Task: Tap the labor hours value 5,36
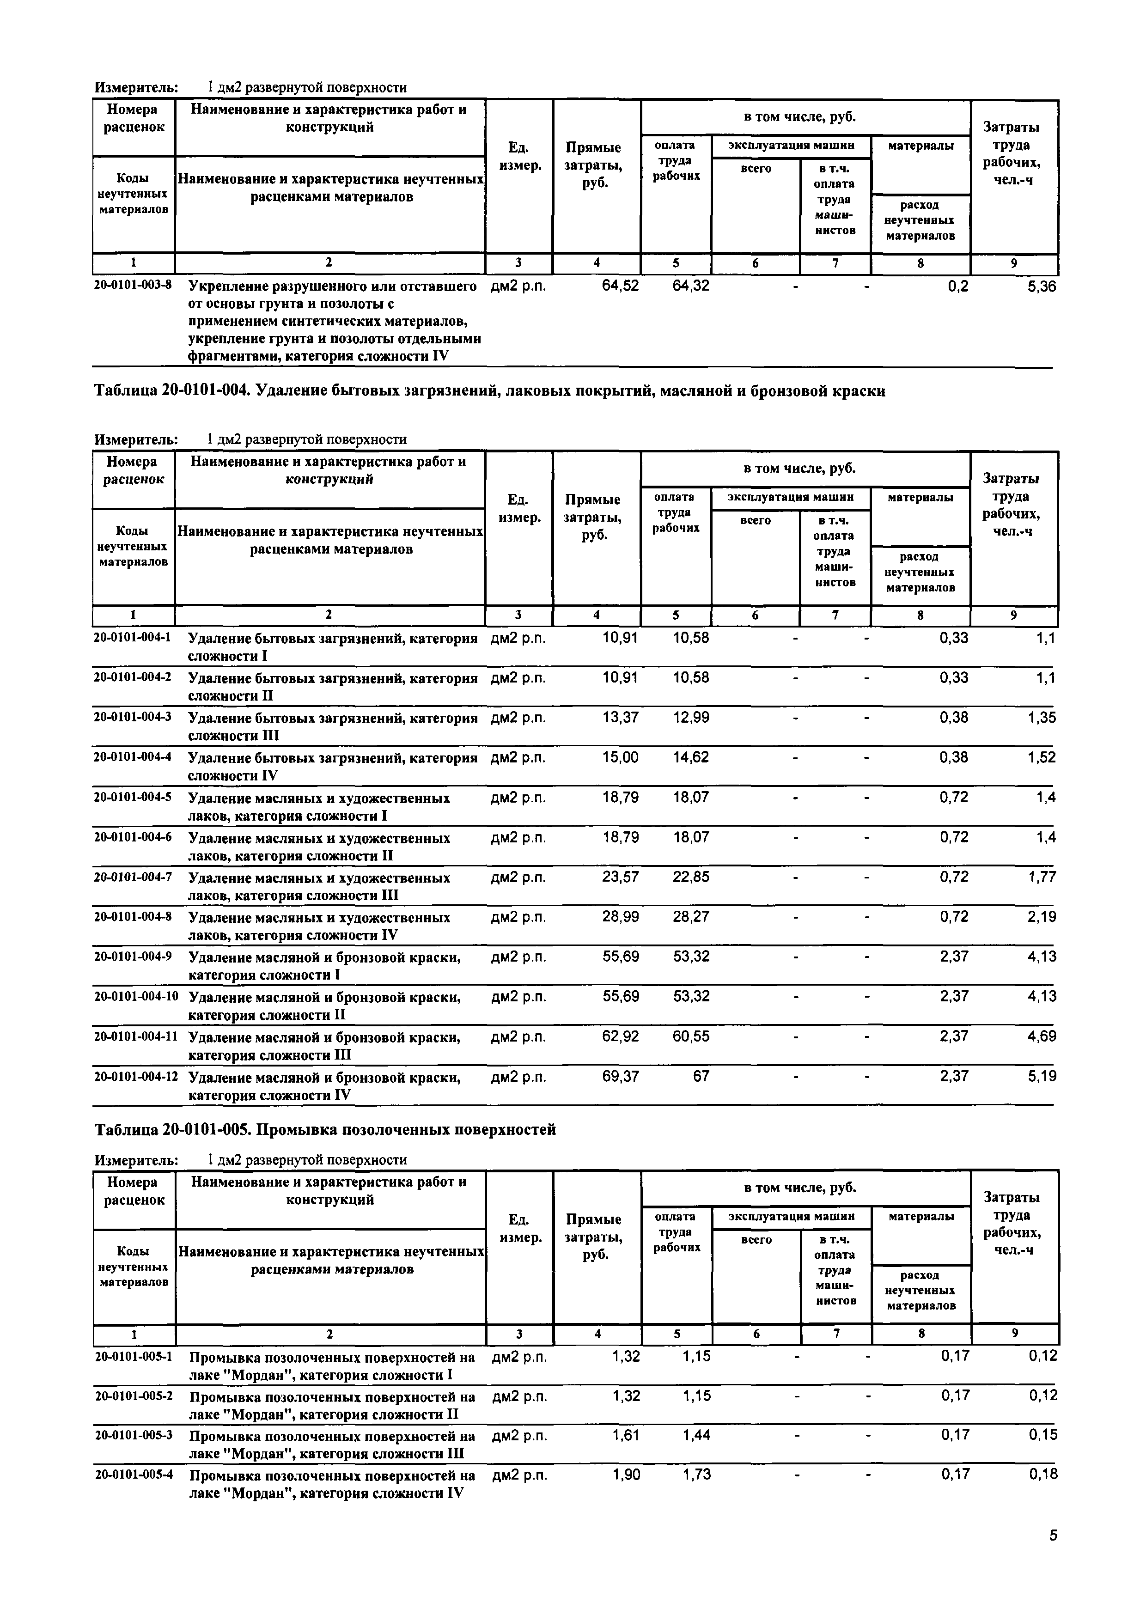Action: pos(1042,286)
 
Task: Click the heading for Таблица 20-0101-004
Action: pos(489,390)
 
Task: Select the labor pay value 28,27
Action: pos(691,916)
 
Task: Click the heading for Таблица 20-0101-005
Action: pos(325,1130)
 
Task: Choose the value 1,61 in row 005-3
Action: pos(626,1435)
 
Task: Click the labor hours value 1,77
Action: pos(1042,877)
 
